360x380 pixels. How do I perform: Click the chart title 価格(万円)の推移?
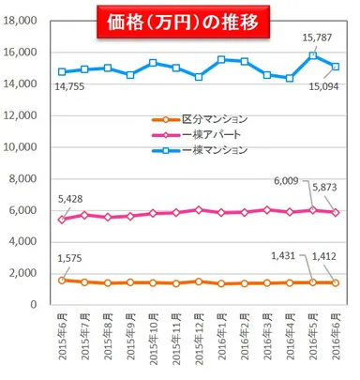(x=179, y=18)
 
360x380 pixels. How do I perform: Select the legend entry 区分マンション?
(x=210, y=120)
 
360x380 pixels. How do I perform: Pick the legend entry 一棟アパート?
(x=206, y=134)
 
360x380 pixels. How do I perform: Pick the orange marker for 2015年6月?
(x=63, y=280)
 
